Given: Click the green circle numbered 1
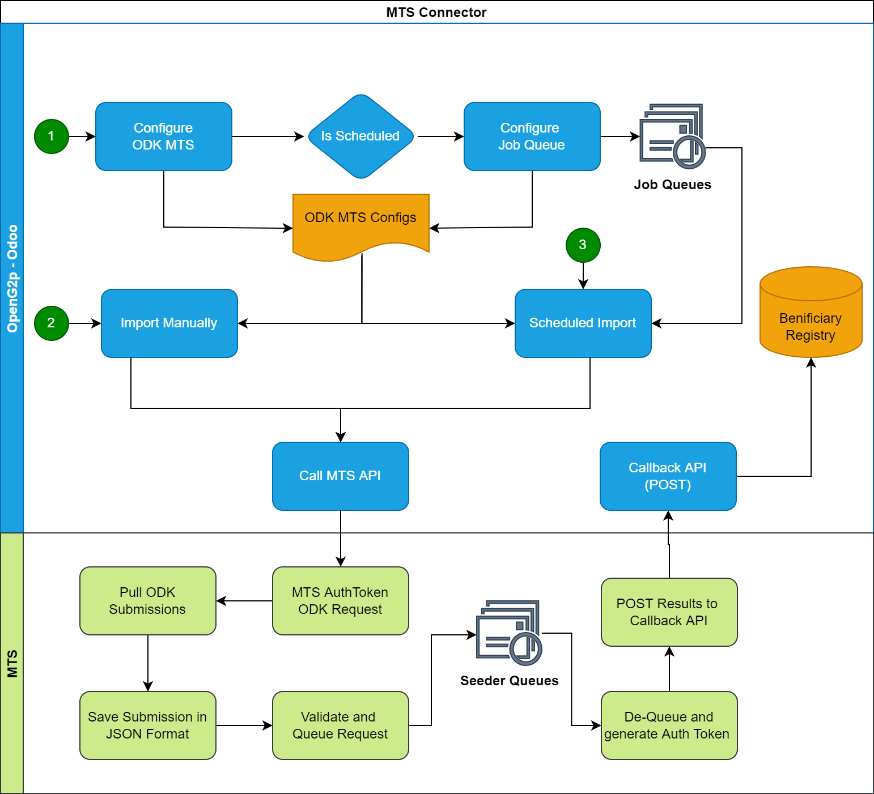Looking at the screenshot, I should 52,136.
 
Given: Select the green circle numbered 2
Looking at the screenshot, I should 52,323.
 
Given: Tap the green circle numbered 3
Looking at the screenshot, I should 583,245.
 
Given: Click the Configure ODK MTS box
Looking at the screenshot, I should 164,136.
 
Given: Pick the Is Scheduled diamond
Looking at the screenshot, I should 361,136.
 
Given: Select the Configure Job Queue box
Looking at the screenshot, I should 532,136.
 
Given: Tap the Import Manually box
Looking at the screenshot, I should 169,323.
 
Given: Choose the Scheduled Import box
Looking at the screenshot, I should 583,323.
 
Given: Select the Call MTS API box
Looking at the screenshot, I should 341,476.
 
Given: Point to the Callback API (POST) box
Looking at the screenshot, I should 668,476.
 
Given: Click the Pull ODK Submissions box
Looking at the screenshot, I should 148,601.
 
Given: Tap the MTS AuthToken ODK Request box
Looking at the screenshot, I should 341,601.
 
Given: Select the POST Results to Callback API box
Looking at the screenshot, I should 669,612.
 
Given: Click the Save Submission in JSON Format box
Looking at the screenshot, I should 148,725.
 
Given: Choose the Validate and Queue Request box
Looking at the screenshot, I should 341,725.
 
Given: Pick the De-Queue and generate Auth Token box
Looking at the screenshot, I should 669,725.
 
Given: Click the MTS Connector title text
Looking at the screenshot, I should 436,12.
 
